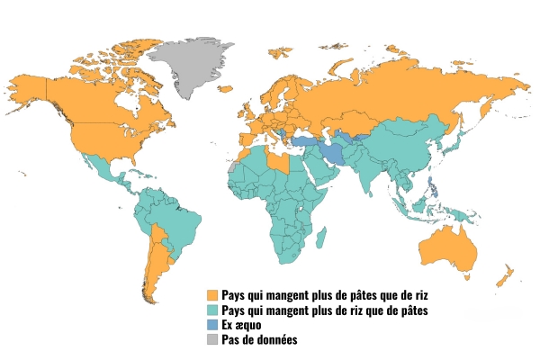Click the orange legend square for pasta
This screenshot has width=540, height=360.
click(212, 295)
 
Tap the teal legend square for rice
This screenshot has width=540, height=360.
click(212, 310)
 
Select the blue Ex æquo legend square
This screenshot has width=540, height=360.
click(212, 325)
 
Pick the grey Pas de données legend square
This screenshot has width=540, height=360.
click(212, 339)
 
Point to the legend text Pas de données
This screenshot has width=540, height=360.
click(259, 339)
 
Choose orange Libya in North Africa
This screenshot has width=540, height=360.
click(285, 162)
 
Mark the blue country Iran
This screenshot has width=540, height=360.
click(334, 151)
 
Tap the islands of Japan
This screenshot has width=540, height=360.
click(456, 143)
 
